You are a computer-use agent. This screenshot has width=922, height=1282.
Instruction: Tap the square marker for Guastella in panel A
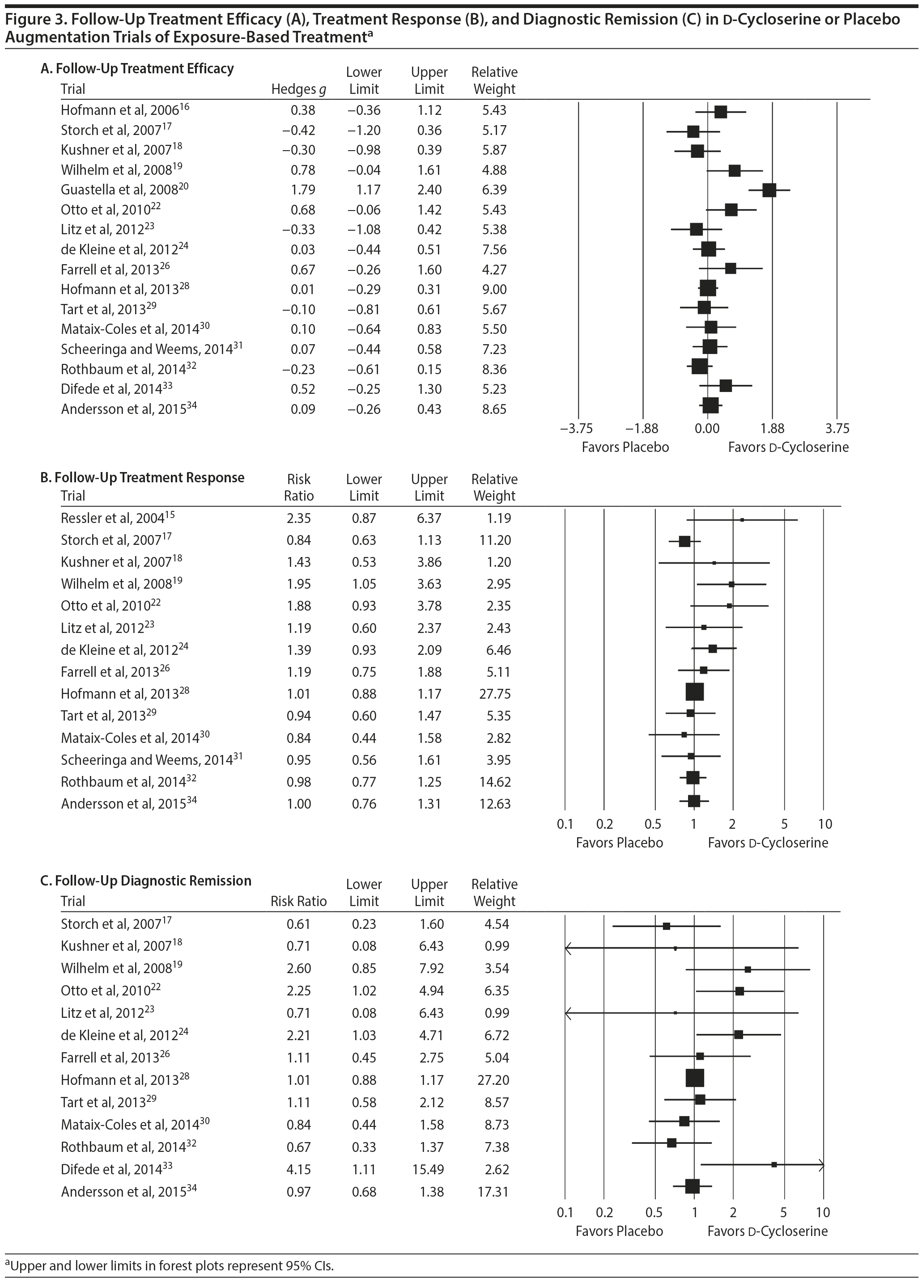[769, 190]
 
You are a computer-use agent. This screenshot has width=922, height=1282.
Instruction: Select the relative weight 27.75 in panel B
[494, 694]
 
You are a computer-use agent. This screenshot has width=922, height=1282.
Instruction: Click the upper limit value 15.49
[428, 1169]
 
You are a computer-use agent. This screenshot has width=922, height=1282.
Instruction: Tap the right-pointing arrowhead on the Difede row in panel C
[821, 1164]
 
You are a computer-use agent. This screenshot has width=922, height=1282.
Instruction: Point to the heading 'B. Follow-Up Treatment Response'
[143, 478]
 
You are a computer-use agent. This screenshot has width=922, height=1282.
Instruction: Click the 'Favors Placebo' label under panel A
[625, 447]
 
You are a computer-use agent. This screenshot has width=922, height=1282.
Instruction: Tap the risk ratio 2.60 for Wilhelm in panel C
[299, 968]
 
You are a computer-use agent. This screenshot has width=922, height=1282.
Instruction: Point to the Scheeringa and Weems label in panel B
[152, 760]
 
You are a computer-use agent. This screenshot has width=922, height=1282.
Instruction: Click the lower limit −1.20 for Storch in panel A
[364, 131]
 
